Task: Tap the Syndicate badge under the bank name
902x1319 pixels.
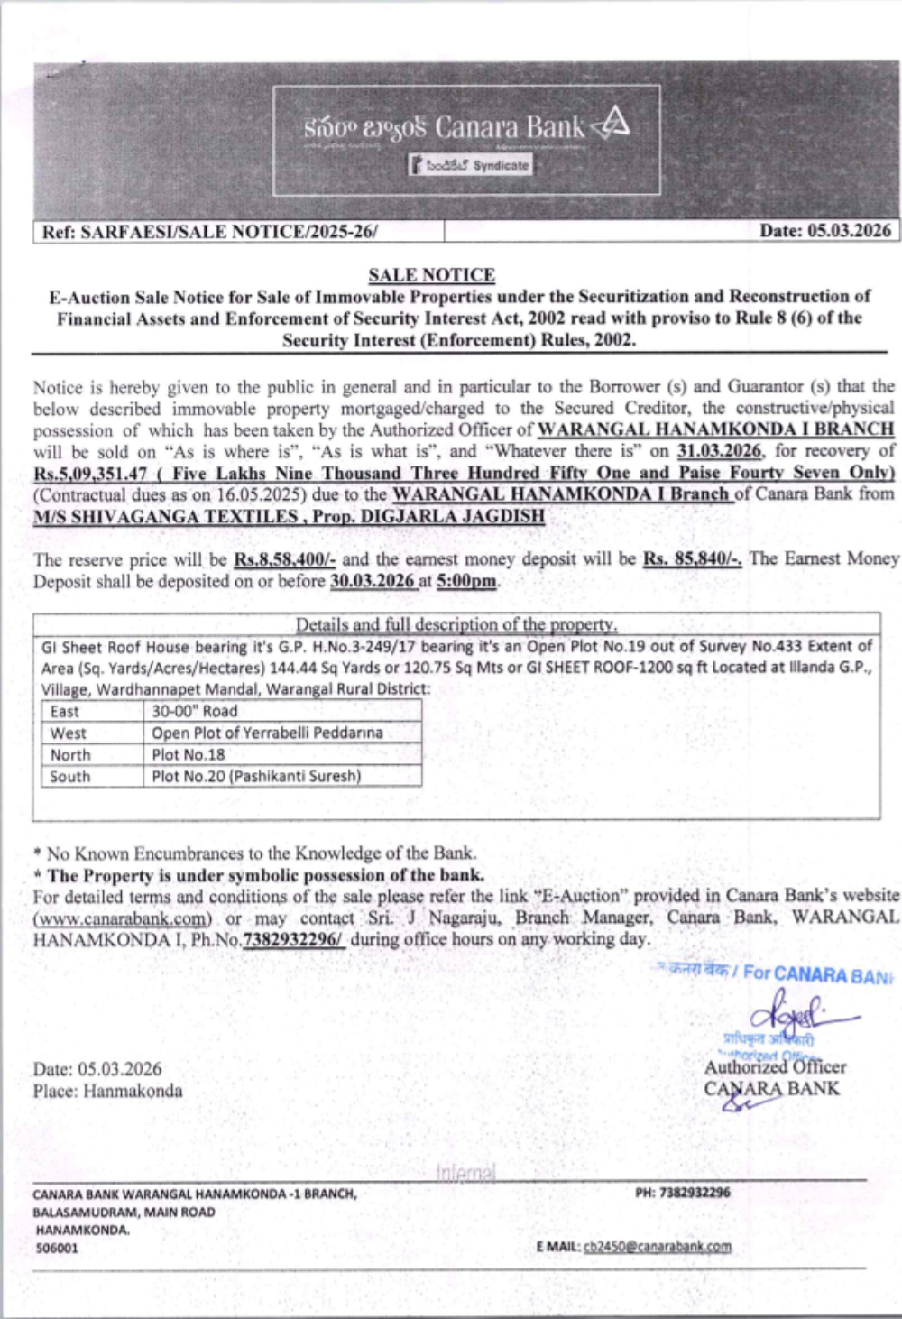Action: pos(471,165)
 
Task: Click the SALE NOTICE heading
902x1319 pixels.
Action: pos(431,275)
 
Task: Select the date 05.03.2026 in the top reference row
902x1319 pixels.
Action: pos(824,231)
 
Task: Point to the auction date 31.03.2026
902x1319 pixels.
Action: pos(719,450)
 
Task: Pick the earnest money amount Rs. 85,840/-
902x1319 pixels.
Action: pos(692,559)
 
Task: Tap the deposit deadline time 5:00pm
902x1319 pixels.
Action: pos(466,581)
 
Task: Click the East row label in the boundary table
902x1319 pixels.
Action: pos(65,711)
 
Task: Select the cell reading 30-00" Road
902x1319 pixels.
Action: pos(195,711)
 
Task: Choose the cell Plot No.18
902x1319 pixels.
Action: pos(189,754)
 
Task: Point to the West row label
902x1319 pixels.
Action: pos(69,733)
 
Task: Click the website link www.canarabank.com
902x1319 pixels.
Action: pos(123,918)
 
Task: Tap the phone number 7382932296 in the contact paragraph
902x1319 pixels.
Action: pos(292,939)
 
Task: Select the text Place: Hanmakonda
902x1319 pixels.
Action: pos(107,1091)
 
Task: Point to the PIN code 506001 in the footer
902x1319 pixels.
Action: pos(57,1249)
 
